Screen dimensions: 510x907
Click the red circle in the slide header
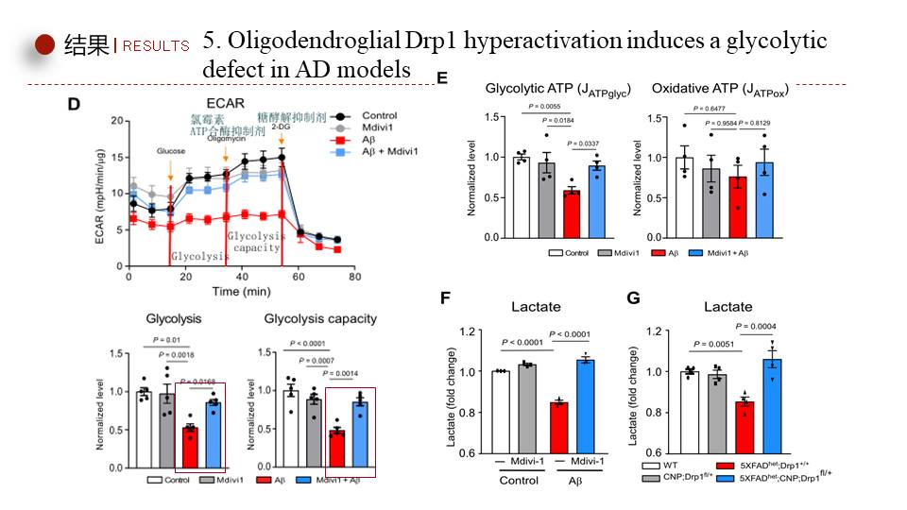45,44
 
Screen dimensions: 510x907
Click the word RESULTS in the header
157,46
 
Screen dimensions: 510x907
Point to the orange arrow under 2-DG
282,140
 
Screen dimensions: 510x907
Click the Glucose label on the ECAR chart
171,150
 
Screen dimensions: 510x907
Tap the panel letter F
448,299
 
